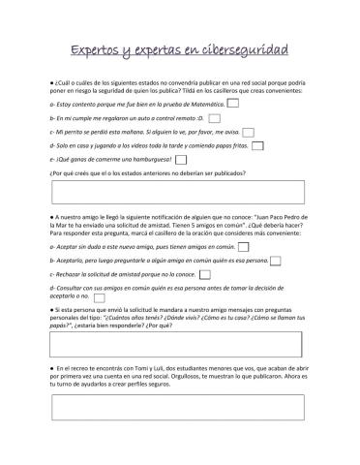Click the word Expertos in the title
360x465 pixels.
tap(103, 48)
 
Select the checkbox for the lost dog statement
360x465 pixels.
tap(248, 131)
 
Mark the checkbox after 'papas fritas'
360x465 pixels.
tap(256, 145)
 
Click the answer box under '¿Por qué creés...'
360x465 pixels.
tap(179, 192)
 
